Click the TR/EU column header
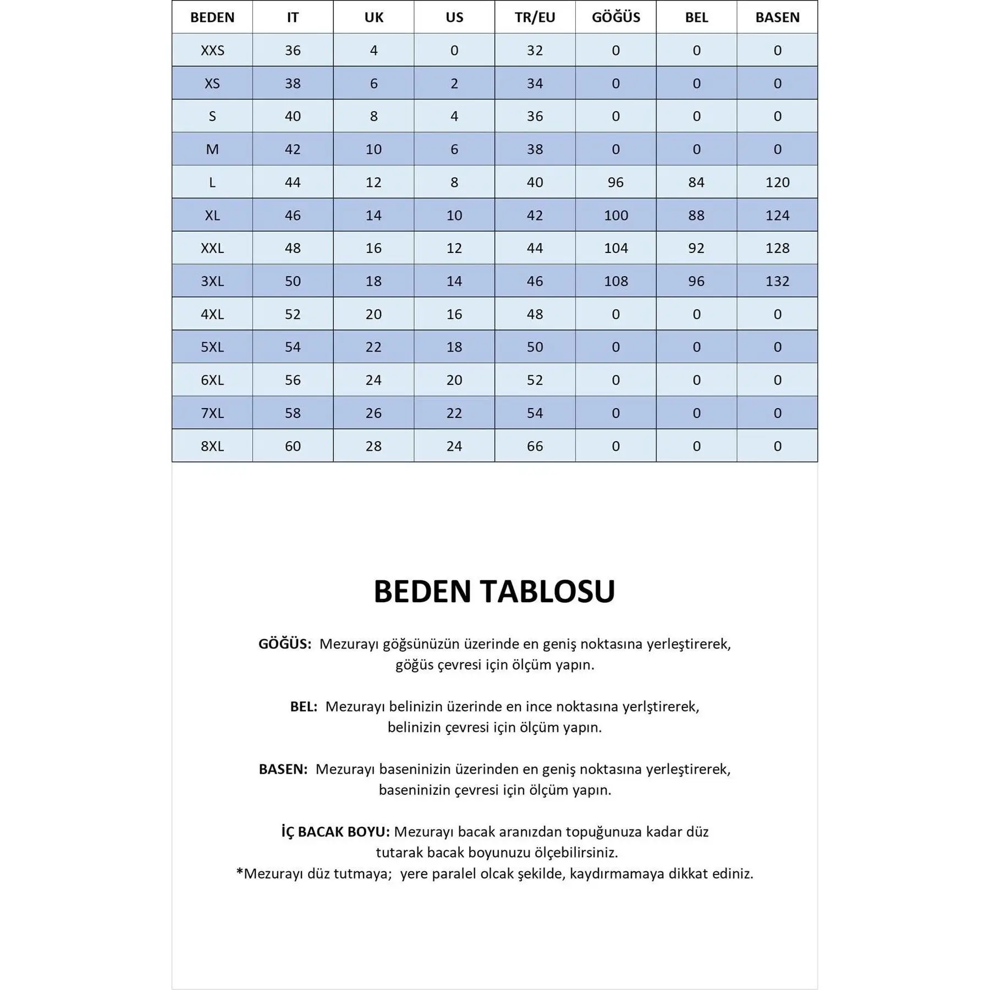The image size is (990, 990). (535, 17)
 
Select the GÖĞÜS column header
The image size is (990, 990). (615, 17)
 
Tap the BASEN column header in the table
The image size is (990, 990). (777, 17)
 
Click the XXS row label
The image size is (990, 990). (212, 50)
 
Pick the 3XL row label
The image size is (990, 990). (212, 281)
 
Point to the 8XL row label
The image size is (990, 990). (212, 446)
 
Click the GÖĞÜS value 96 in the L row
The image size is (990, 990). (615, 182)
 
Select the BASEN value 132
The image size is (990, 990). (777, 281)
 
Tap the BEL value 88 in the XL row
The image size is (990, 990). (696, 215)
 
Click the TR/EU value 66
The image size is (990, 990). (535, 446)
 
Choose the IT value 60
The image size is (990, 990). (293, 446)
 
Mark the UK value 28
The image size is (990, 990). (373, 446)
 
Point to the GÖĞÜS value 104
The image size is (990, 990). (615, 248)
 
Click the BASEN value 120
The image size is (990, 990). (777, 182)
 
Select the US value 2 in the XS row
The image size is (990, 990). (454, 83)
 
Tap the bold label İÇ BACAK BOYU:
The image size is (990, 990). (335, 832)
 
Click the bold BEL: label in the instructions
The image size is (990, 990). (304, 707)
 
